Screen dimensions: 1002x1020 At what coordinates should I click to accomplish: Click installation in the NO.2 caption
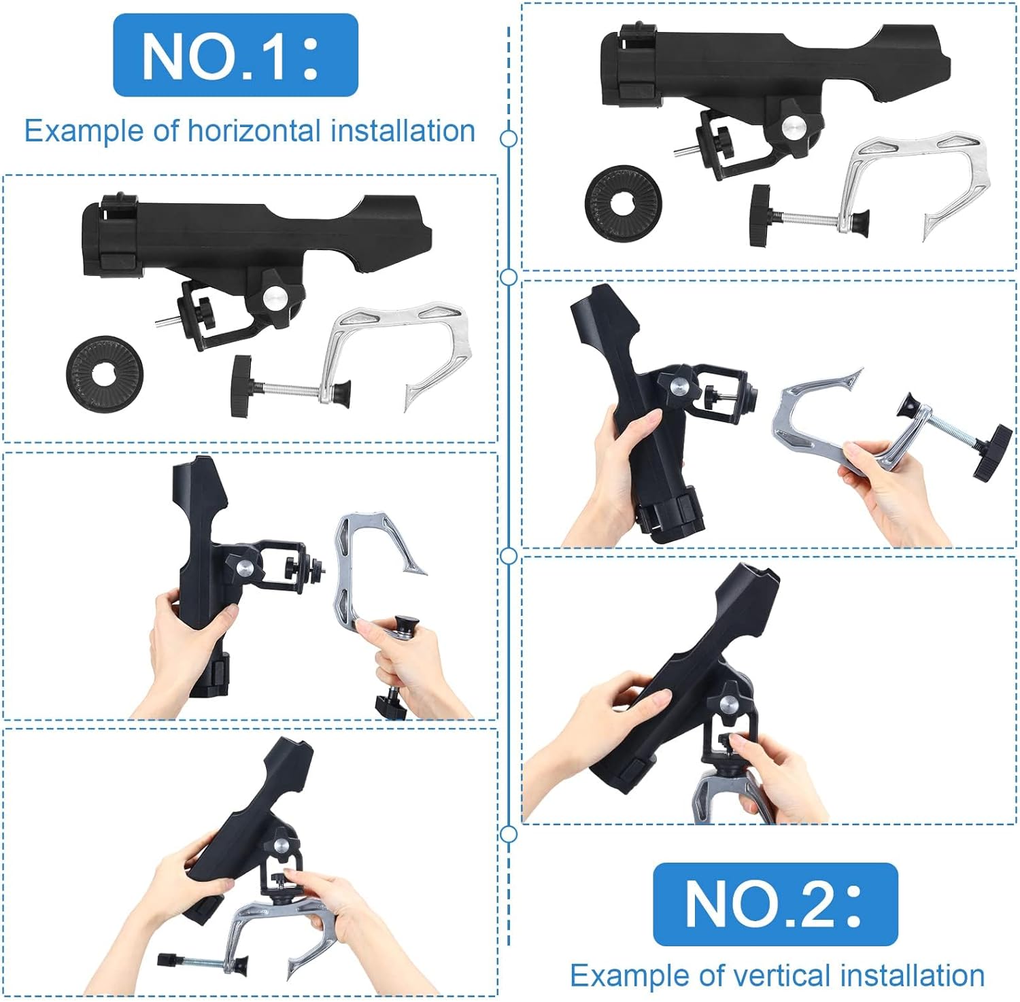(x=913, y=975)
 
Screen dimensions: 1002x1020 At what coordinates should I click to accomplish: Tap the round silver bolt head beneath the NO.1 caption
(x=275, y=296)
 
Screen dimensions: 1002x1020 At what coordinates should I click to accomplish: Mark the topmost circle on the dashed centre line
(x=508, y=139)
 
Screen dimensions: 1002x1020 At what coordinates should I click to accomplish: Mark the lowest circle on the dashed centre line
(x=508, y=834)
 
